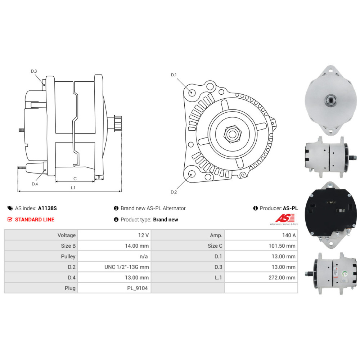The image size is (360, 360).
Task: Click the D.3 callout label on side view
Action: (x=34, y=71)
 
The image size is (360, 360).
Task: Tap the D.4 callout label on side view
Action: (x=35, y=184)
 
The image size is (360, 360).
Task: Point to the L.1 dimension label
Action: (x=73, y=188)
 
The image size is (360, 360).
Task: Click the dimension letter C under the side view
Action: (x=75, y=179)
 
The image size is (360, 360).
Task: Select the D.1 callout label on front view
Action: (x=174, y=75)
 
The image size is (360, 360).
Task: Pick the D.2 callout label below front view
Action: (x=174, y=192)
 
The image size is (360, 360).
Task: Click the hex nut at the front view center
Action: (x=233, y=134)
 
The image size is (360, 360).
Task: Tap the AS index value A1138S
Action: (x=47, y=208)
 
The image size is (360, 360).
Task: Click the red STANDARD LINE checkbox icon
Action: (x=10, y=219)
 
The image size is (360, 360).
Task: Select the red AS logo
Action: (x=285, y=218)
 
